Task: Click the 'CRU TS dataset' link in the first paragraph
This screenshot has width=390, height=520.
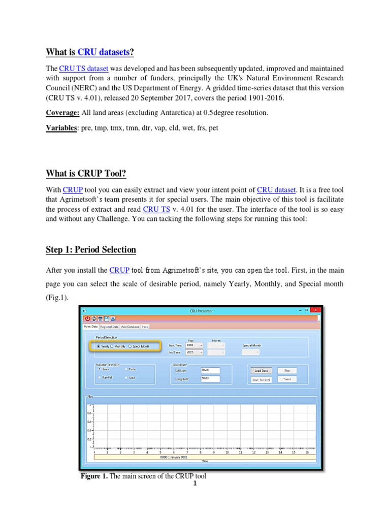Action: pos(80,69)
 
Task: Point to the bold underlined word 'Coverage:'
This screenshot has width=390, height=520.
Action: pos(62,112)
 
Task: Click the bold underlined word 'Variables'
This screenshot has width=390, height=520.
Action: pos(60,128)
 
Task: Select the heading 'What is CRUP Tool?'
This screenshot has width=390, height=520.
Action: pos(86,174)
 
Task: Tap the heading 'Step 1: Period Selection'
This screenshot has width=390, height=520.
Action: pos(91,249)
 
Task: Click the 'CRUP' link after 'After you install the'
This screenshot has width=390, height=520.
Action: pos(119,270)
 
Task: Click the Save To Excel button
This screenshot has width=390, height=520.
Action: pos(262,379)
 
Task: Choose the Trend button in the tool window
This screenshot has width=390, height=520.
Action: pos(287,379)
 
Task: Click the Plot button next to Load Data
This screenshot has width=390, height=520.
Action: pos(287,371)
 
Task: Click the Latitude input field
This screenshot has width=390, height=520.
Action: pos(210,370)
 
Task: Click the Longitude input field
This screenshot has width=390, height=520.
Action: pos(210,379)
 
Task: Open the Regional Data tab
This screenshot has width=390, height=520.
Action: pos(109,327)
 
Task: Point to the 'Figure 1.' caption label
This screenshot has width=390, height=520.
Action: pos(94,476)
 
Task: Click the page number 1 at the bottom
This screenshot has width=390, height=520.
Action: pos(194,483)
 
